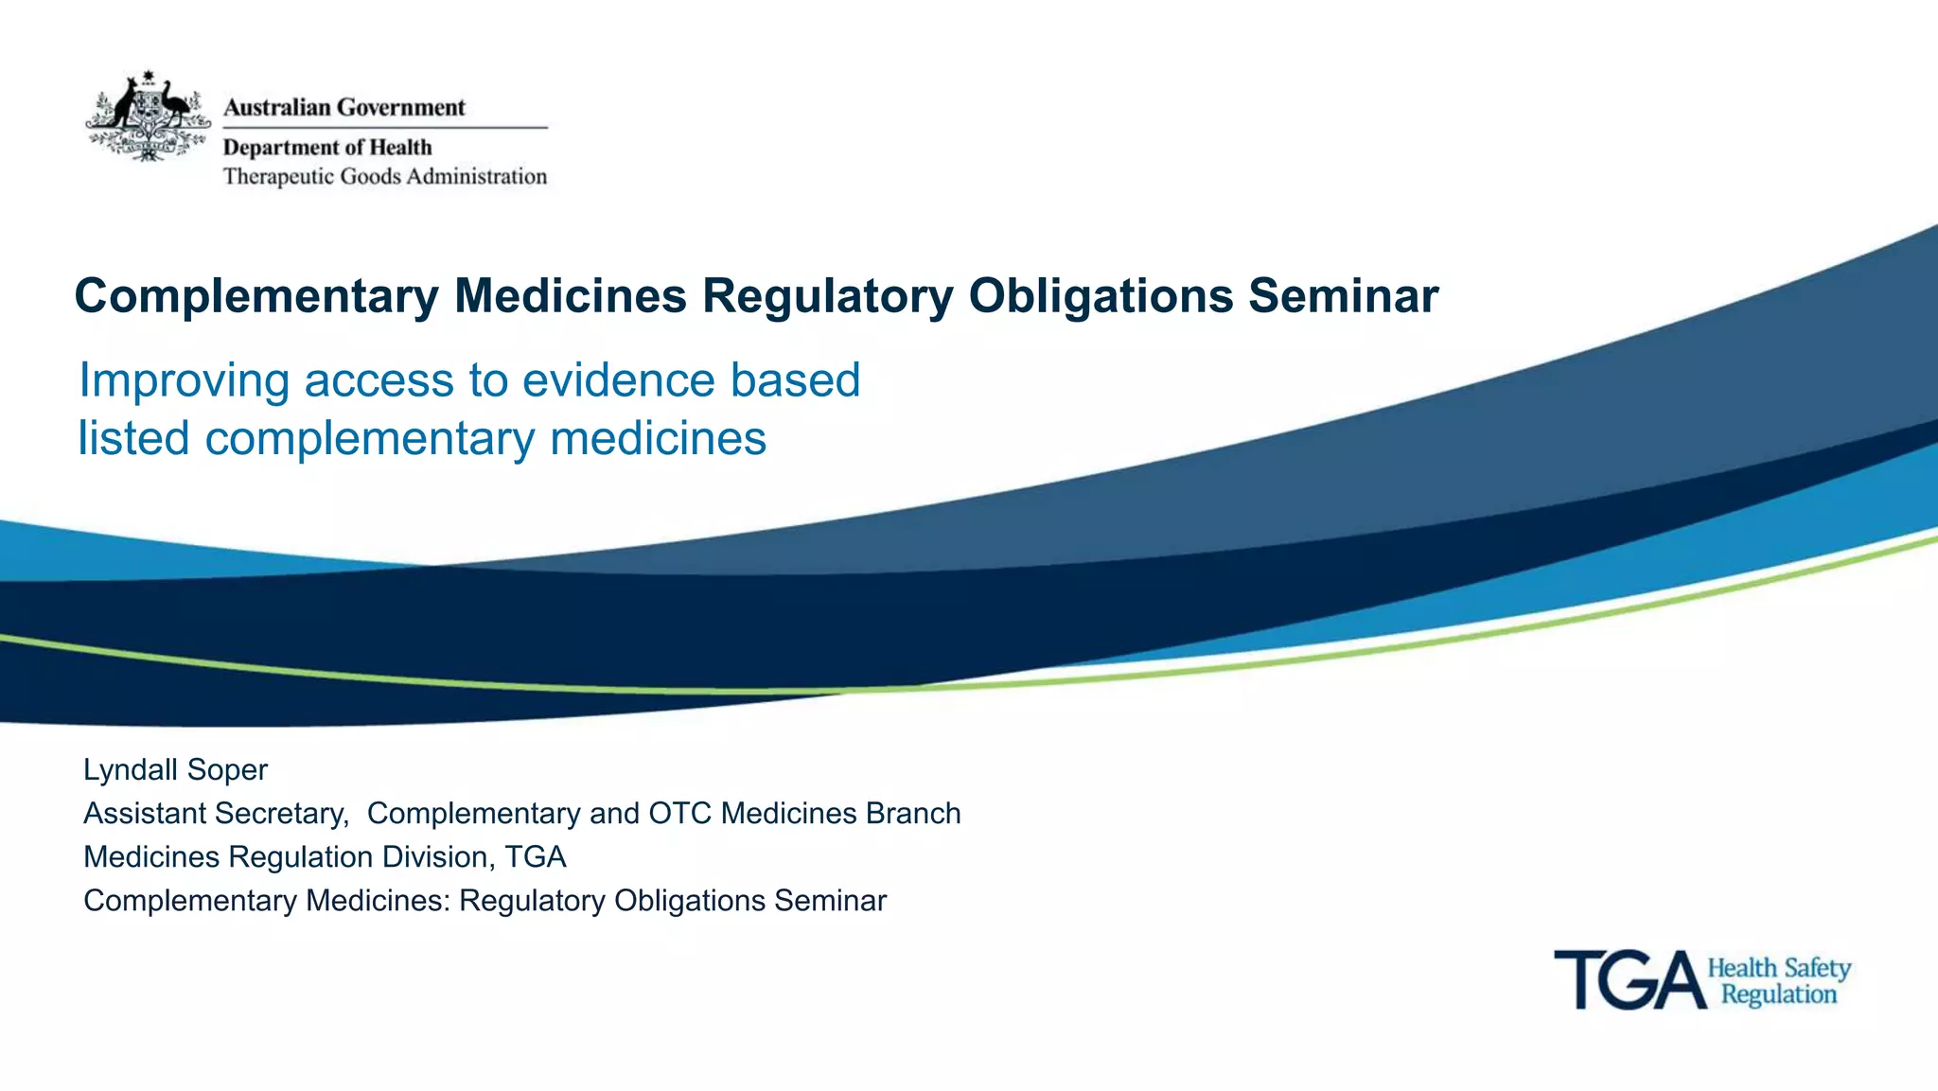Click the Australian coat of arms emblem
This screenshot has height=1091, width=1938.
(x=148, y=115)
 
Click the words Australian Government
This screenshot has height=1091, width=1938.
(x=344, y=108)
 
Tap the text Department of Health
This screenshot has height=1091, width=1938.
(x=327, y=148)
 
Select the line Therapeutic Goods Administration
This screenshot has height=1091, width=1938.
(x=384, y=177)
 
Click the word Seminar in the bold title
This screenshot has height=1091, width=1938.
(x=1343, y=296)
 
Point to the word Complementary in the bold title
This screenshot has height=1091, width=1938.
(x=256, y=296)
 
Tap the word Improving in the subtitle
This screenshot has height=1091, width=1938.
(x=184, y=381)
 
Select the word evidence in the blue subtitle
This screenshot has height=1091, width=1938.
(x=619, y=380)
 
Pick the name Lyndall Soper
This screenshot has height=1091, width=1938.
(x=175, y=769)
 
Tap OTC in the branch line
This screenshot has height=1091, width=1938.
(x=679, y=814)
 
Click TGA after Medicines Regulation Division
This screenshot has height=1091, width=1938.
(x=536, y=857)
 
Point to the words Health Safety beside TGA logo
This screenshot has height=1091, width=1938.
(x=1778, y=968)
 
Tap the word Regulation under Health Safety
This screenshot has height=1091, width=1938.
(x=1778, y=994)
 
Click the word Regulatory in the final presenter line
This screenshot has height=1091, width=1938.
(x=532, y=901)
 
